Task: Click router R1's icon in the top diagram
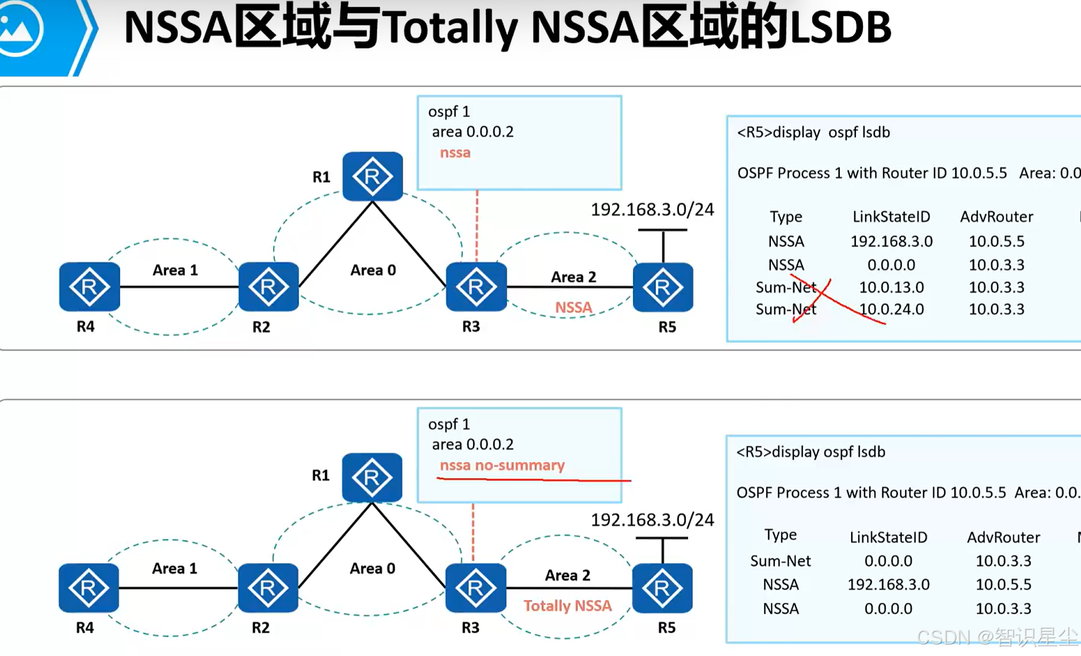point(372,176)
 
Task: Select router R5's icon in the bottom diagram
point(662,588)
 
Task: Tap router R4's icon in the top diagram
point(89,287)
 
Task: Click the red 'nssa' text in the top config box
point(455,153)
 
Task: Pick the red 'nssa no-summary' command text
point(502,465)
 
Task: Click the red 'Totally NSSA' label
point(567,605)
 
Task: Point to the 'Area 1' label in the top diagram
point(175,270)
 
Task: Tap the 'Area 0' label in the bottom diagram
point(372,568)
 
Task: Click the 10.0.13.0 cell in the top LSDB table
point(891,287)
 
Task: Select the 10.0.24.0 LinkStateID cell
point(891,309)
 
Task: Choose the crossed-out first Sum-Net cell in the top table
point(786,287)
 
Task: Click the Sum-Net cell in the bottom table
point(780,561)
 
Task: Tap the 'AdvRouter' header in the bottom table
point(1003,537)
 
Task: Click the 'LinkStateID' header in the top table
point(891,217)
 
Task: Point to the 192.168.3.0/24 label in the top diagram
point(652,210)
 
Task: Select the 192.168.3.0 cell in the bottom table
point(888,584)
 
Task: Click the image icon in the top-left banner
point(20,29)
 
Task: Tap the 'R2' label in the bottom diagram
point(260,627)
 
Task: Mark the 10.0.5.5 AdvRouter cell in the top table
point(996,241)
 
